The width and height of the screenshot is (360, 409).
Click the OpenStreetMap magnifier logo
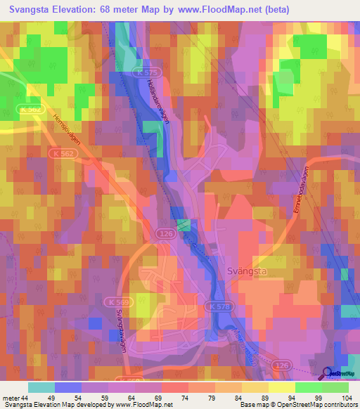328,374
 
